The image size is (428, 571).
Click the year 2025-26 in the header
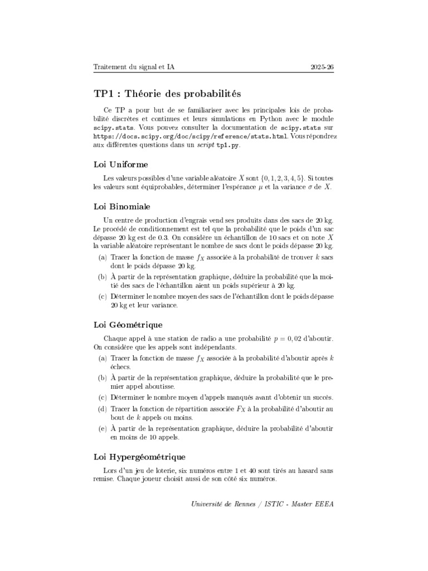322,67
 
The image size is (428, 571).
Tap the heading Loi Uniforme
120,164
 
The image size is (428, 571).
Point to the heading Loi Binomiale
121,207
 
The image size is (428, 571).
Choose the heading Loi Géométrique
128,325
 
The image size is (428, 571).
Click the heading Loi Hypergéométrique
139,457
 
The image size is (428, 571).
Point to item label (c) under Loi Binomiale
103,297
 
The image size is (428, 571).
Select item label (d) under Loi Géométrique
103,409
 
